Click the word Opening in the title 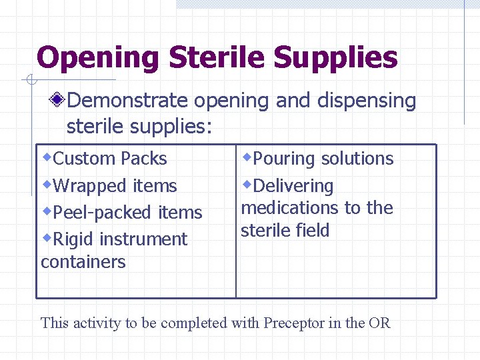point(97,57)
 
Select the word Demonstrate point(127,101)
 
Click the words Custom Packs point(109,159)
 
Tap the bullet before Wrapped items point(47,183)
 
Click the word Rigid point(76,239)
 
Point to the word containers point(83,262)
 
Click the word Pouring point(283,159)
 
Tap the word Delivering point(293,186)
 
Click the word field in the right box point(313,231)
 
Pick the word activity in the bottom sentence point(95,323)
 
